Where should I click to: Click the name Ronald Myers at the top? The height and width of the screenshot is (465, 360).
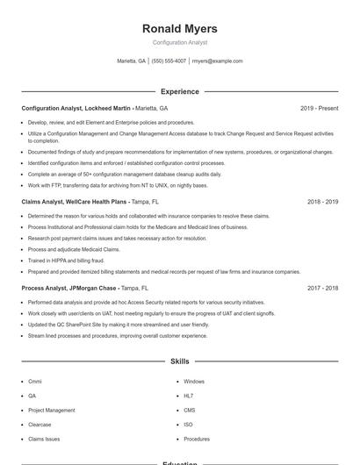coord(179,29)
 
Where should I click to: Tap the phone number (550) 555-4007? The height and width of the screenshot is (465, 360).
coord(169,61)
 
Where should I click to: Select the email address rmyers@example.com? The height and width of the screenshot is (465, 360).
coord(217,61)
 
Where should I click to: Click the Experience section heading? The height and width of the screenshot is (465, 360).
coord(179,91)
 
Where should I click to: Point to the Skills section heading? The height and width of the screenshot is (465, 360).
coord(179,361)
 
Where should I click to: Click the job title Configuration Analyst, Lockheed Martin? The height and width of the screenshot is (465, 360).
coord(76,109)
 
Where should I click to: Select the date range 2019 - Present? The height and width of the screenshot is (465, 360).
coord(319,109)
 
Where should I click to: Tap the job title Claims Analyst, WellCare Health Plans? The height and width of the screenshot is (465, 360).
coord(76,202)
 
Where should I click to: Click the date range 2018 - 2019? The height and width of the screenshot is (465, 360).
coord(322,202)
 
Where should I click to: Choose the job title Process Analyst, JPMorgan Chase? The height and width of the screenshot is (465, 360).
coord(70,288)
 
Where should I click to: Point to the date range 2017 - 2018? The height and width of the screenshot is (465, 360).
coord(322,288)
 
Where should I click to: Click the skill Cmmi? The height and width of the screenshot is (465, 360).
coord(35,382)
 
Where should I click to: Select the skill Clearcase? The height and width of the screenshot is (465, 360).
coord(40,425)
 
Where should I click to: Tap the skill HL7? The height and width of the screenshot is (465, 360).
coord(189,396)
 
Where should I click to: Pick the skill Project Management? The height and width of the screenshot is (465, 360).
coord(51,410)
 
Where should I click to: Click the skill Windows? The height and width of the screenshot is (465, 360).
coord(194,382)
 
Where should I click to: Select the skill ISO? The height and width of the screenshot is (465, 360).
coord(189,425)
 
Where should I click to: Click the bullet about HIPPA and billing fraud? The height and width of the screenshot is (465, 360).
coord(66,261)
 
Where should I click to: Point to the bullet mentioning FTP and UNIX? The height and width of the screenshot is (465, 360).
coord(118,185)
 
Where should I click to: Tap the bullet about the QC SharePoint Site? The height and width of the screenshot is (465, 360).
coord(119,325)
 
